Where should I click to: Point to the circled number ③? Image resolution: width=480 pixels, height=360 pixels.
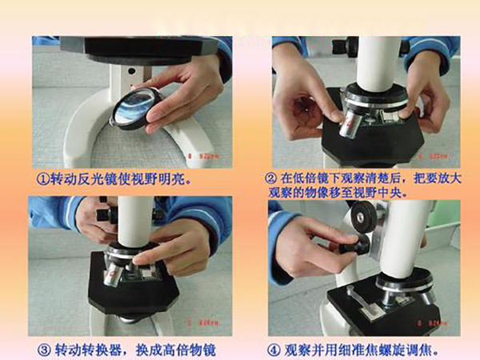pyautogui.click(x=43, y=350)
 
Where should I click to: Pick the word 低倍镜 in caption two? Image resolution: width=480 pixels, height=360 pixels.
pyautogui.click(x=312, y=178)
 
